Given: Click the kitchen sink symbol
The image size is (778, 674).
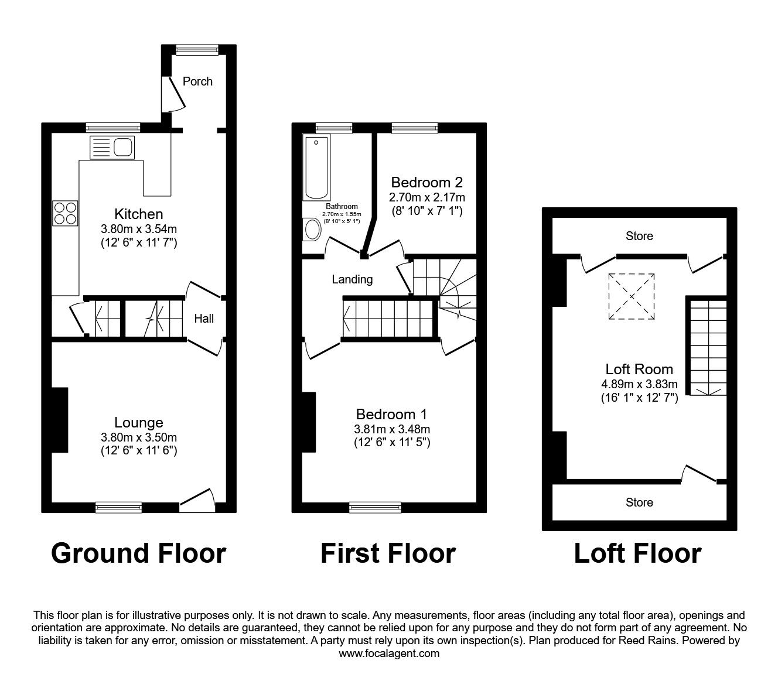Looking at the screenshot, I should tap(112, 147).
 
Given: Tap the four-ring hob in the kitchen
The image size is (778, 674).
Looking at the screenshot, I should tap(65, 213).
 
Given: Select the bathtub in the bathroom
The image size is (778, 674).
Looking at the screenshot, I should tap(316, 167).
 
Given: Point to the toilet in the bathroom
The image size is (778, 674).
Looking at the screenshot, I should tap(312, 230).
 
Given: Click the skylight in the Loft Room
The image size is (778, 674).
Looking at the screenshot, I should tap(632, 296).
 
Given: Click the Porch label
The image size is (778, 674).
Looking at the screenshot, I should tap(197, 81).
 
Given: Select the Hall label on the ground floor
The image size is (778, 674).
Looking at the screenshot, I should tap(204, 319).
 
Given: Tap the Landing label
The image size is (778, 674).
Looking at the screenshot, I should tap(352, 279).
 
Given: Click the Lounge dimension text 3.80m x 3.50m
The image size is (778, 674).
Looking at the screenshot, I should tap(139, 437).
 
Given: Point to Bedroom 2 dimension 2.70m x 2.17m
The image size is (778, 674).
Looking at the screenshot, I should tap(427, 197).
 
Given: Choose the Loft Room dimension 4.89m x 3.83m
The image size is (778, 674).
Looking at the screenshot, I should tap(639, 385).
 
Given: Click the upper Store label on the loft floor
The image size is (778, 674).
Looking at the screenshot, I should tap(639, 236).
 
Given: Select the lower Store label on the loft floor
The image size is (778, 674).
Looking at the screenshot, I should tap(639, 502).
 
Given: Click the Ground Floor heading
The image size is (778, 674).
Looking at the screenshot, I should tap(138, 553).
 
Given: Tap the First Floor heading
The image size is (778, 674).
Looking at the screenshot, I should tap(388, 553).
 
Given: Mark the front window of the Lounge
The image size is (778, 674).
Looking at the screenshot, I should tap(119, 507).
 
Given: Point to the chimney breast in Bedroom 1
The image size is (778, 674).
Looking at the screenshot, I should tap(309, 422).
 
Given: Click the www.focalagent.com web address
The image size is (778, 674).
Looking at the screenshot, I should tap(389, 654).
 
